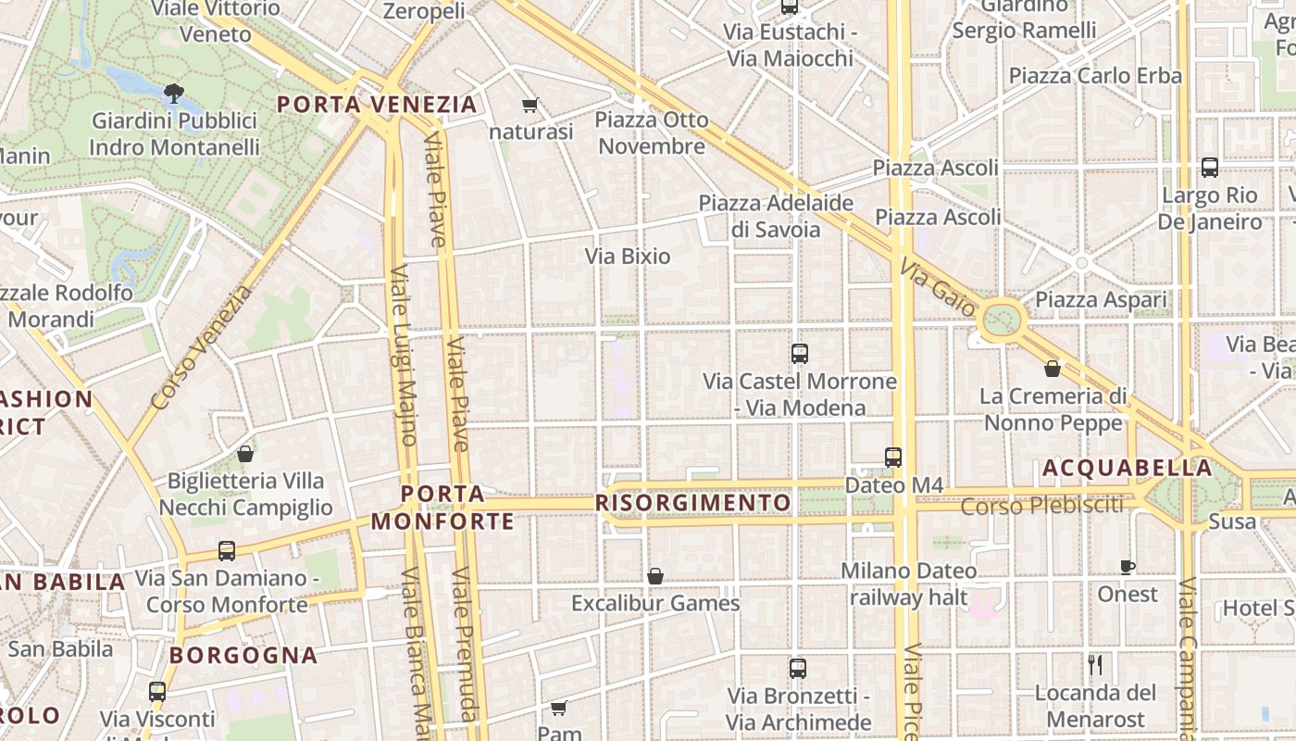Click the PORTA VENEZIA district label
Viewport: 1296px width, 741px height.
coord(378,104)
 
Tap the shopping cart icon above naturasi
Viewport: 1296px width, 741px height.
coord(530,106)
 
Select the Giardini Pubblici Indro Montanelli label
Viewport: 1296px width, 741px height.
coord(175,134)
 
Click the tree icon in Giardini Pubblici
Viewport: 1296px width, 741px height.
coord(172,93)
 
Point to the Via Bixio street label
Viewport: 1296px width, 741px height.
coord(628,257)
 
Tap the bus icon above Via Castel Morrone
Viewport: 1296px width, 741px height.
coord(800,354)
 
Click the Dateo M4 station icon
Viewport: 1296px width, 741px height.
coord(892,457)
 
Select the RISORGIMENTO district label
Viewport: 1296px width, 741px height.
coord(694,503)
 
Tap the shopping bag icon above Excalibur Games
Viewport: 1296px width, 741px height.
coord(655,576)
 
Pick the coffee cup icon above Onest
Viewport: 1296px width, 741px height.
coord(1127,567)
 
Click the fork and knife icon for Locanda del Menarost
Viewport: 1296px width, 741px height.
coord(1095,664)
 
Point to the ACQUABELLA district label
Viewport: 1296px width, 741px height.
coord(1127,469)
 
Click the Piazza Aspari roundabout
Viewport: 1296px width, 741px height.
coord(1000,320)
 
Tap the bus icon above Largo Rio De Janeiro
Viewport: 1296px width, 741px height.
coord(1209,168)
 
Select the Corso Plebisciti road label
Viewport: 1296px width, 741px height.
coord(1041,506)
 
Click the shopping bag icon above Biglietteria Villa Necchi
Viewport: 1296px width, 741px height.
coord(245,454)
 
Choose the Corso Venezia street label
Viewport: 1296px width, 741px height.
coord(201,348)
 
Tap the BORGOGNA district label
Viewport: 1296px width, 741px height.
coord(243,656)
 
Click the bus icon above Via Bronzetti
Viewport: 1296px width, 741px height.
coord(798,668)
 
